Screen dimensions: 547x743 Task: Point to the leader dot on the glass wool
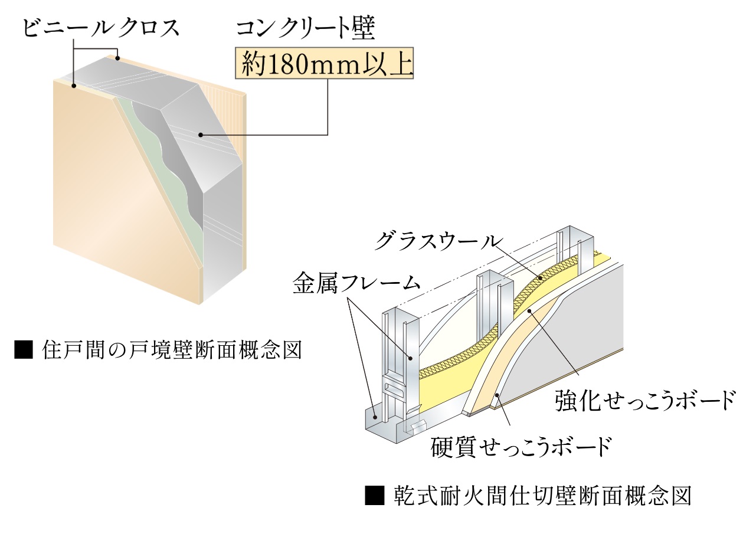540,277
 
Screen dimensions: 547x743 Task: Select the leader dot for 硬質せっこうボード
497,397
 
